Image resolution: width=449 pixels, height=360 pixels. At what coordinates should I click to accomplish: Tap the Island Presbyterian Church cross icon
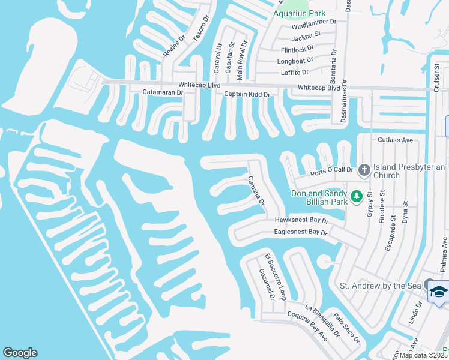click(364, 171)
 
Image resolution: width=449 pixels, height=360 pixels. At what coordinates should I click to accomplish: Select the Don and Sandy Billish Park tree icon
click(356, 196)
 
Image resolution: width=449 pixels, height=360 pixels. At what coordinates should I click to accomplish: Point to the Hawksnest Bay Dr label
click(301, 221)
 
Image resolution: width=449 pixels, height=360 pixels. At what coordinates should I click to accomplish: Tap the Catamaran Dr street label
click(162, 93)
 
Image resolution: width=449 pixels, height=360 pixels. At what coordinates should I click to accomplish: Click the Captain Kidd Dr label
click(247, 95)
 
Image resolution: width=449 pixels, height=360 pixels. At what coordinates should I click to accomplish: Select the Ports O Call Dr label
click(331, 174)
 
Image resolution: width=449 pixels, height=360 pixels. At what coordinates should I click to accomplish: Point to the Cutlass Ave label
click(396, 140)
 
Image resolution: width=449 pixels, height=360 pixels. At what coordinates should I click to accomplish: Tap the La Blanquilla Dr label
click(322, 321)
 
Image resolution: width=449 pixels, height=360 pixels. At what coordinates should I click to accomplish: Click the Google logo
click(20, 353)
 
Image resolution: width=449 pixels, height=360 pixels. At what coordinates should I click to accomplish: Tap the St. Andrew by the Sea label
click(381, 286)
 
